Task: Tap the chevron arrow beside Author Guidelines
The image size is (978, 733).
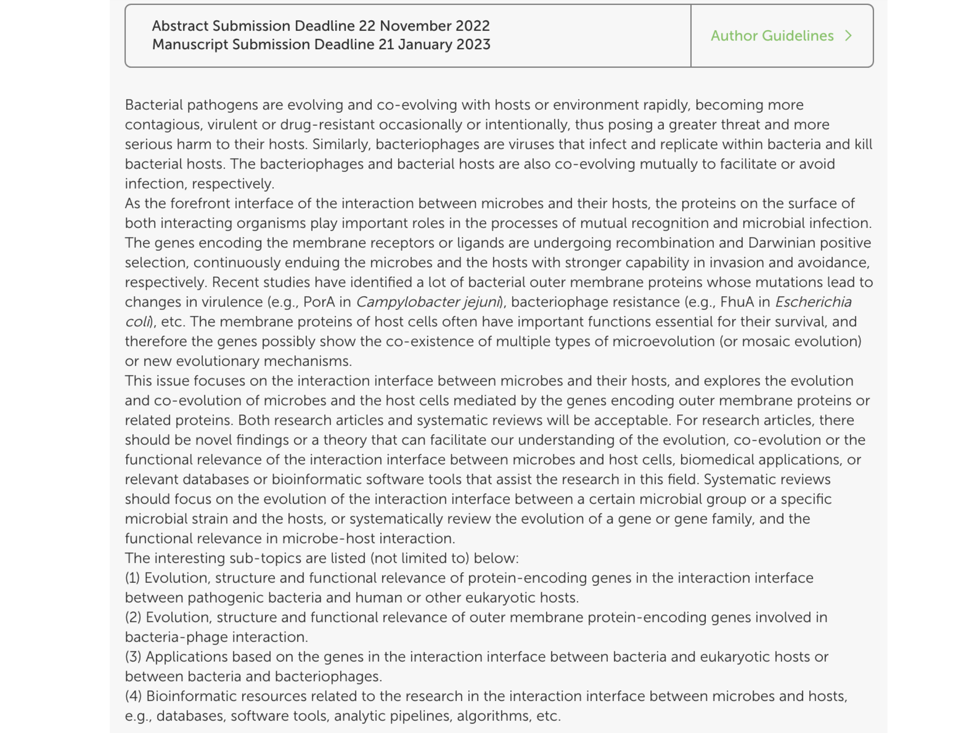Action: (848, 36)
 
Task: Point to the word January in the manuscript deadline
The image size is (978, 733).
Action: (424, 45)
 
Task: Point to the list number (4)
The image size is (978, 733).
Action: (133, 696)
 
